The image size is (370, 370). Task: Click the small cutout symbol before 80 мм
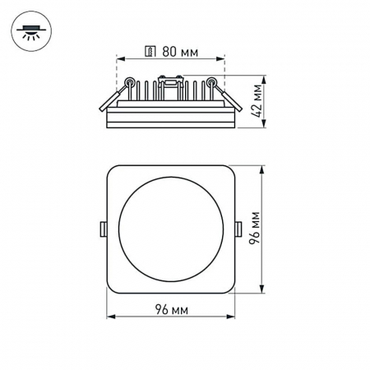(149, 51)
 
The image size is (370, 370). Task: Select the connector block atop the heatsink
(170, 80)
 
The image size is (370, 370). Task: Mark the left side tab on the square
(103, 229)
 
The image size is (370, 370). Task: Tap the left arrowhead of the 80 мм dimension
(118, 59)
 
